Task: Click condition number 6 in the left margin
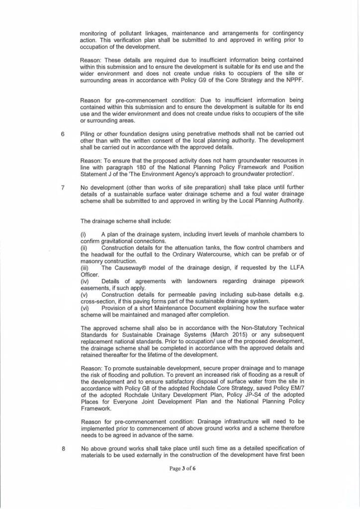tap(63, 133)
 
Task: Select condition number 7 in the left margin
tap(63, 187)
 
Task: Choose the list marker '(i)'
tap(83, 234)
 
